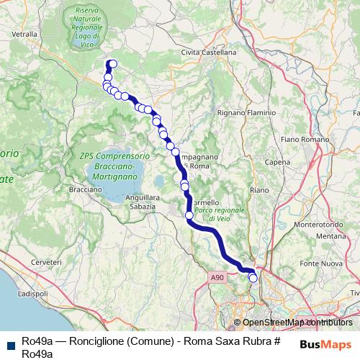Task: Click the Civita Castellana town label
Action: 209,53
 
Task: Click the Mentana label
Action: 331,235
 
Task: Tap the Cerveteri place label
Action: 46,263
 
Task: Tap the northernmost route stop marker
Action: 113,63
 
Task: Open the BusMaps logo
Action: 325,345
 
